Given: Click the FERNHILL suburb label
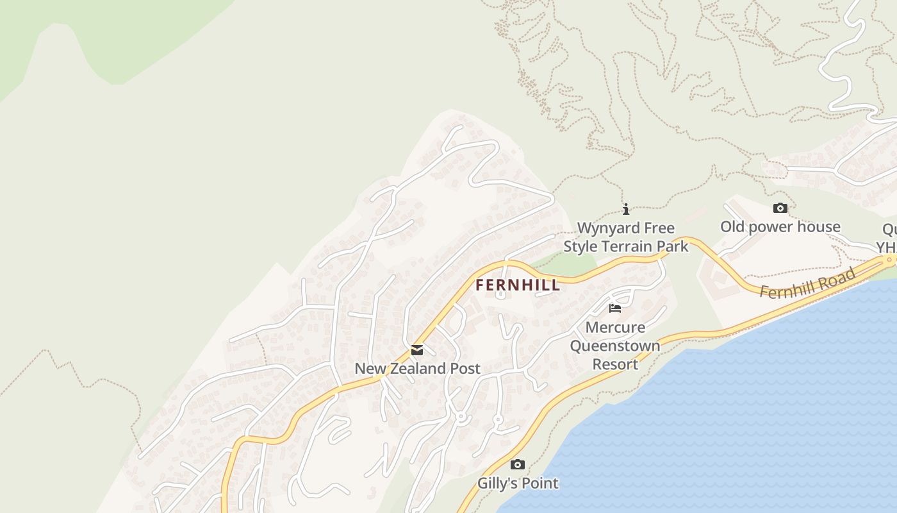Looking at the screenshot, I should [x=518, y=285].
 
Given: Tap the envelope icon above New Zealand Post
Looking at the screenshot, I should [x=417, y=350].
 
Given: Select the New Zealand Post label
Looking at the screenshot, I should [x=417, y=369].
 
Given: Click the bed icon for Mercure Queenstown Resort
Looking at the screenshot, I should [x=615, y=308].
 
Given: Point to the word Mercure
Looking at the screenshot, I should [x=615, y=328].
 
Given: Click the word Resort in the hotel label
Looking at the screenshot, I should [x=615, y=364].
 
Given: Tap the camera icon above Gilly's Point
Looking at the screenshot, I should [x=517, y=465].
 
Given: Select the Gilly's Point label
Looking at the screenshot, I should [x=518, y=484].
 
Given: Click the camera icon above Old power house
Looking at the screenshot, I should [x=780, y=208].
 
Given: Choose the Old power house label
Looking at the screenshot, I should [x=780, y=227].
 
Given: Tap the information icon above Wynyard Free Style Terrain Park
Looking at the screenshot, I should [x=626, y=209].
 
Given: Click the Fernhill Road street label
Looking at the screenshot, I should [x=807, y=283].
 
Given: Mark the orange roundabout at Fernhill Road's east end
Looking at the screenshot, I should [x=889, y=260].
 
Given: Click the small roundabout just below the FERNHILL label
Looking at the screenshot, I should [x=500, y=295].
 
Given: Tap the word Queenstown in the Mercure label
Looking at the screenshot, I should [x=615, y=346].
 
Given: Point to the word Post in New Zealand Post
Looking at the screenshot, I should [x=466, y=369].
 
